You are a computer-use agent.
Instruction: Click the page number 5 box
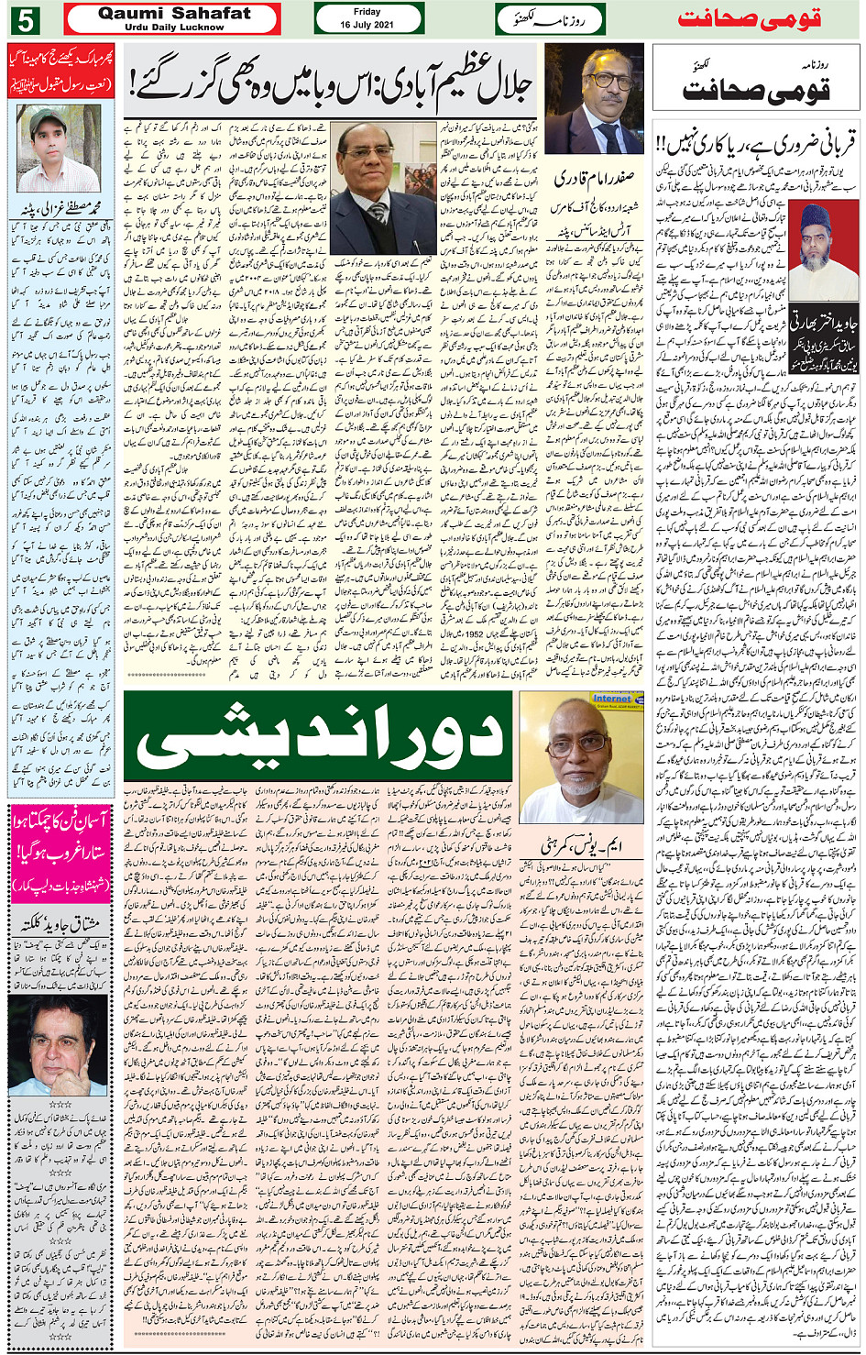[x=27, y=19]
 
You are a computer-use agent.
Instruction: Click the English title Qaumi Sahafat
[x=173, y=13]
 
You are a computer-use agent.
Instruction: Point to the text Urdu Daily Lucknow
[x=173, y=28]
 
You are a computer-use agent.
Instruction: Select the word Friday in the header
[x=367, y=12]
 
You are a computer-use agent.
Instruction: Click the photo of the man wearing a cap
[x=59, y=147]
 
